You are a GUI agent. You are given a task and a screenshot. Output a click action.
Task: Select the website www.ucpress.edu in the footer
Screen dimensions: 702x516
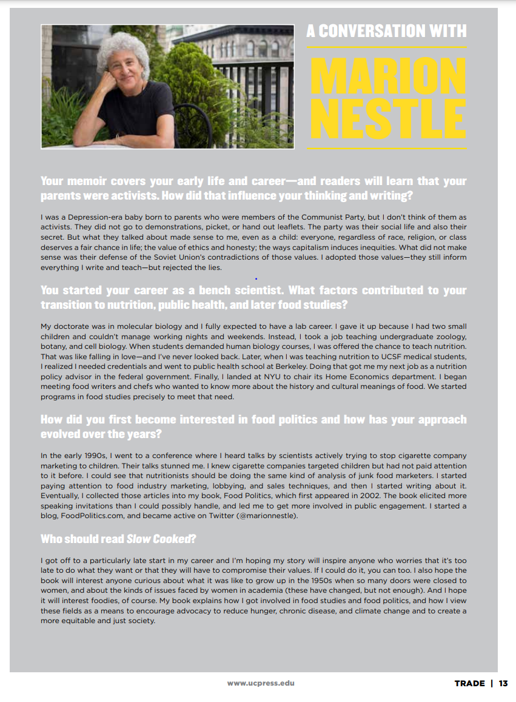261,683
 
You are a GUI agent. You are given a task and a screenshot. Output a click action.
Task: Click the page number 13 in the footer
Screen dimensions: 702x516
503,683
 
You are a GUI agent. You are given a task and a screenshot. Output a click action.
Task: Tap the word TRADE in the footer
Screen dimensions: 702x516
470,683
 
